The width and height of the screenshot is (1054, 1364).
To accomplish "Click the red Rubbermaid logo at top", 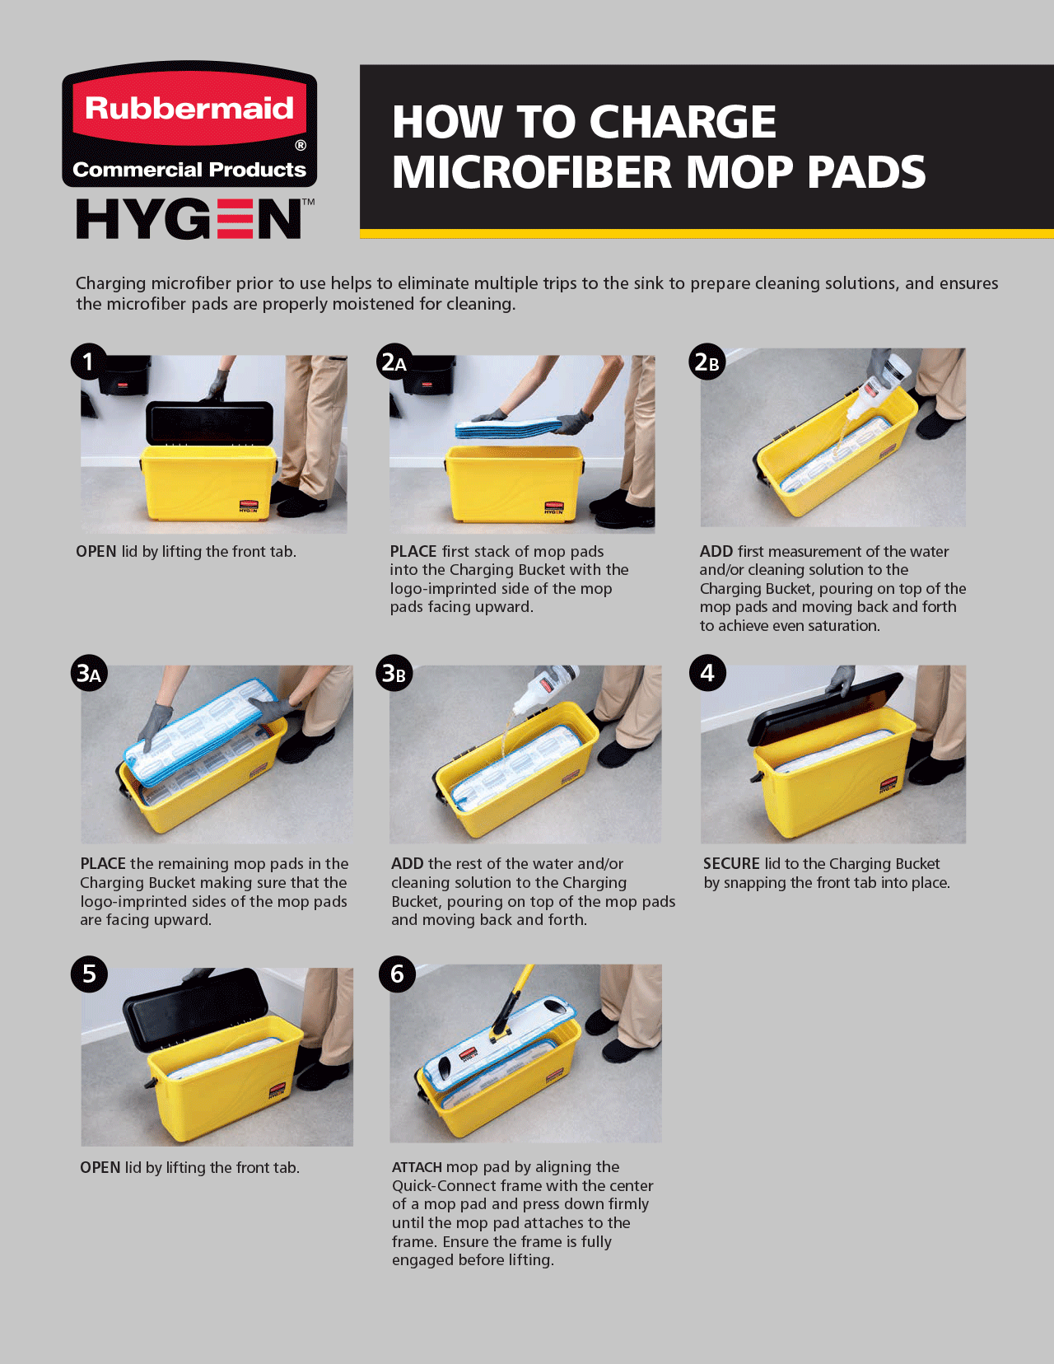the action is pos(189,124).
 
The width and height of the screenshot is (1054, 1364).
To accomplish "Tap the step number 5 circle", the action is pos(89,974).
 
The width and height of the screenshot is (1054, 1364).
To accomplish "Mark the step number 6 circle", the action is pos(397,974).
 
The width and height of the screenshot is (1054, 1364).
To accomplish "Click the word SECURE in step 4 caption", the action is pos(731,864).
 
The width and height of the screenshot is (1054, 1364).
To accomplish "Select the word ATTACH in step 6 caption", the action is pos(417,1167).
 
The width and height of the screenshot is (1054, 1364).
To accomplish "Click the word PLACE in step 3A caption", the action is pos(103,864).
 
